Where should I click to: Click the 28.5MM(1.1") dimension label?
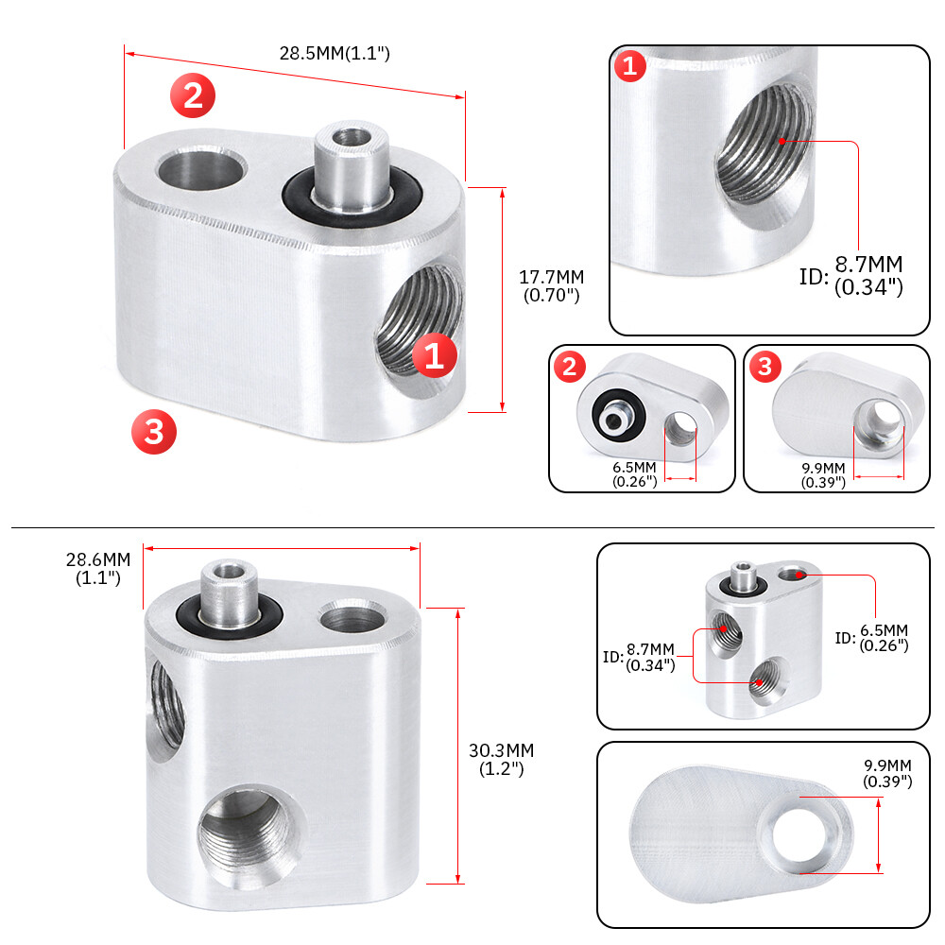tap(334, 54)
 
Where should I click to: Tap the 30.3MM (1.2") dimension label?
tap(501, 759)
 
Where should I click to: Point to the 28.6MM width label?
tap(97, 568)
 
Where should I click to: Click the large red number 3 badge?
tap(154, 432)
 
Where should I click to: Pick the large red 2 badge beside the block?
tap(193, 96)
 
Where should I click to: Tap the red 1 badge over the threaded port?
tap(434, 356)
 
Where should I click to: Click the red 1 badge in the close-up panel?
tap(630, 67)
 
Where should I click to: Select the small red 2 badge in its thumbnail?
tap(569, 367)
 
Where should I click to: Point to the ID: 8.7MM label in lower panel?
tap(640, 656)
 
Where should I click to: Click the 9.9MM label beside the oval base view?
tap(886, 772)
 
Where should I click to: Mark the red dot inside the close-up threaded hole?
tap(781, 141)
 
